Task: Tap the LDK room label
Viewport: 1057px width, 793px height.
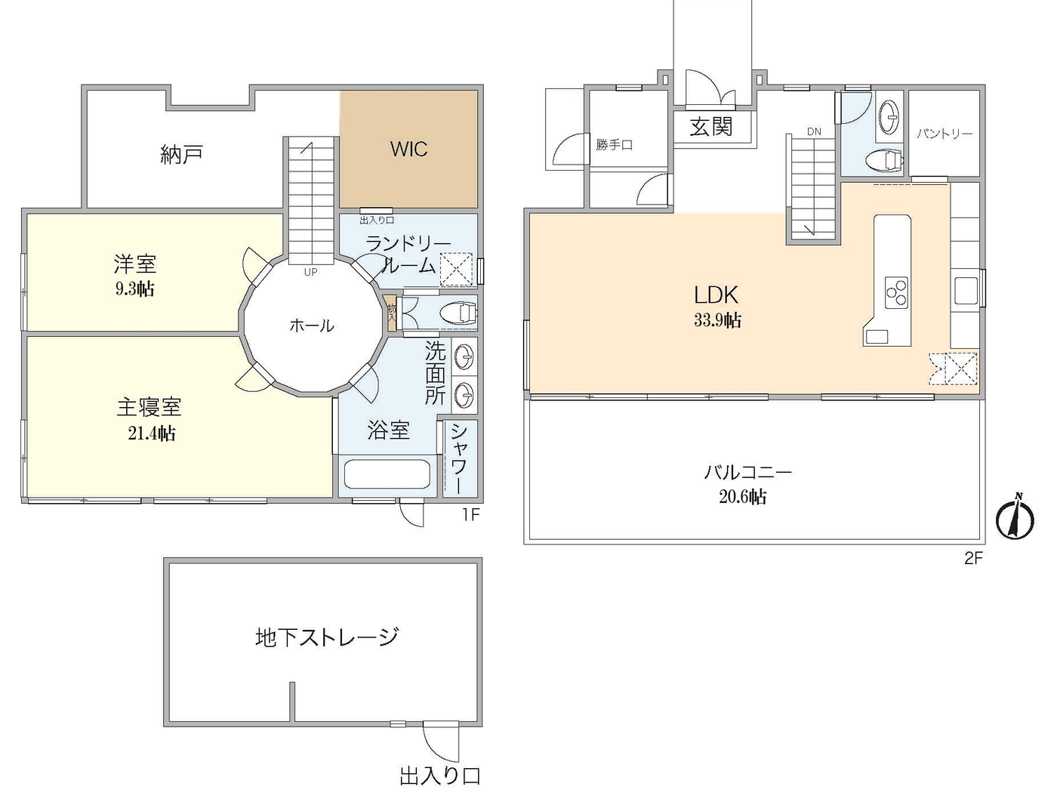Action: tap(716, 295)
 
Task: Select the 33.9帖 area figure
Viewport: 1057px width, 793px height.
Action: tap(717, 320)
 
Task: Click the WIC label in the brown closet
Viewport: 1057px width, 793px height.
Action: tap(408, 149)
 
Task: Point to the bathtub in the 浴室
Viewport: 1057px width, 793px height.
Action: tap(387, 474)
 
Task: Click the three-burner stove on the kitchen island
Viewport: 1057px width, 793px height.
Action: tap(896, 293)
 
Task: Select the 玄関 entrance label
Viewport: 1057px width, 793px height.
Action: tap(711, 126)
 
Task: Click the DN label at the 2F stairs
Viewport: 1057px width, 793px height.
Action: tap(813, 132)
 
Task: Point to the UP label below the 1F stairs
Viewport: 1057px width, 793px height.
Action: tap(310, 272)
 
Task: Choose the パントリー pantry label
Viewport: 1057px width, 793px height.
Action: tap(944, 134)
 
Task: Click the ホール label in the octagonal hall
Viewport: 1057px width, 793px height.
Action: tap(311, 326)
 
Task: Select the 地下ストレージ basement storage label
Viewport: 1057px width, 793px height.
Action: tap(326, 637)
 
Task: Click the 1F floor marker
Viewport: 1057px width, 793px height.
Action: tap(470, 515)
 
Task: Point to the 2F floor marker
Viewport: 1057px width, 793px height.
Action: tap(973, 558)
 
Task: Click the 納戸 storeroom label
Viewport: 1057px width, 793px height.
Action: tap(181, 155)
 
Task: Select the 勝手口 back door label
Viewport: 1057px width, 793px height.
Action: tap(614, 144)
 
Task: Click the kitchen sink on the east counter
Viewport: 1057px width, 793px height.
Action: tap(966, 291)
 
